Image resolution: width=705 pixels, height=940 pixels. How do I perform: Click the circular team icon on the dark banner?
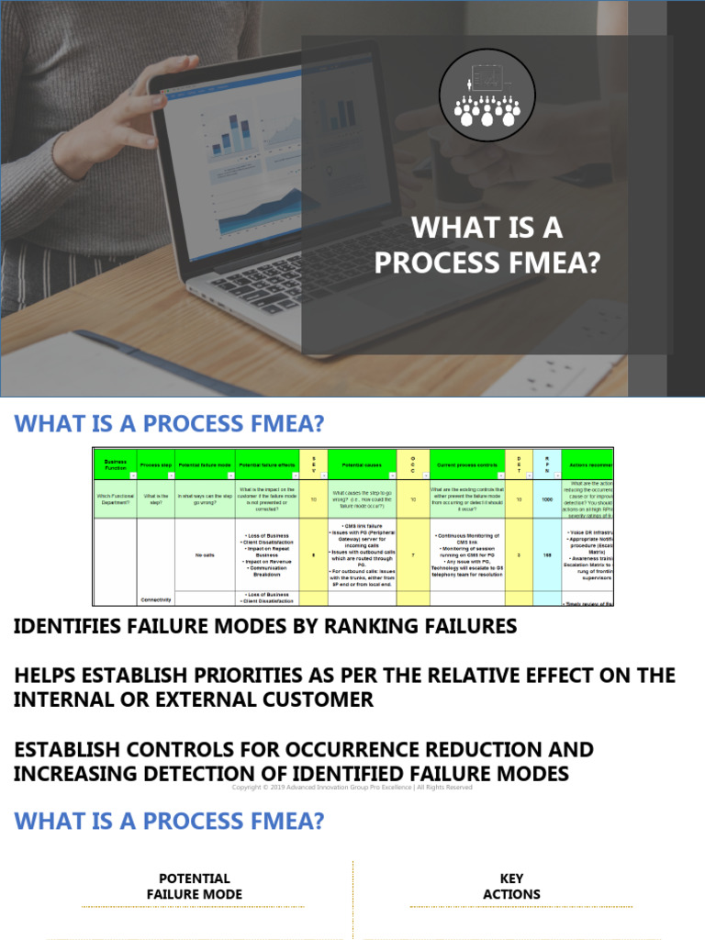coord(487,88)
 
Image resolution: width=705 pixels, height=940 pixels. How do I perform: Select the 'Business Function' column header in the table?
coord(115,464)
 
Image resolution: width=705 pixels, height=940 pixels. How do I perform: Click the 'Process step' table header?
coord(156,465)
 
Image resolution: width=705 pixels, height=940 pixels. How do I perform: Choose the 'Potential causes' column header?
coord(362,465)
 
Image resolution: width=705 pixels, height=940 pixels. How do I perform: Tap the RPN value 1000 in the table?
coord(547,499)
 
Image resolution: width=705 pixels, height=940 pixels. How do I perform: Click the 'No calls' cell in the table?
coord(205,554)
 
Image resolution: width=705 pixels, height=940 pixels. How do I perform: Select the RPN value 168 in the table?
coord(547,554)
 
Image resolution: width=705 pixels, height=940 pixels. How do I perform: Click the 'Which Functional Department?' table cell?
coord(115,499)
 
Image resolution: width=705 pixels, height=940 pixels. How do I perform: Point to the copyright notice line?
coord(352,787)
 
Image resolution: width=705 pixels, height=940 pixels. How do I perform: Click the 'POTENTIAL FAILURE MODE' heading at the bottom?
coord(195,886)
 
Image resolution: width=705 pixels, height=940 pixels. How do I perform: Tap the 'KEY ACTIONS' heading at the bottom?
coord(511,886)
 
